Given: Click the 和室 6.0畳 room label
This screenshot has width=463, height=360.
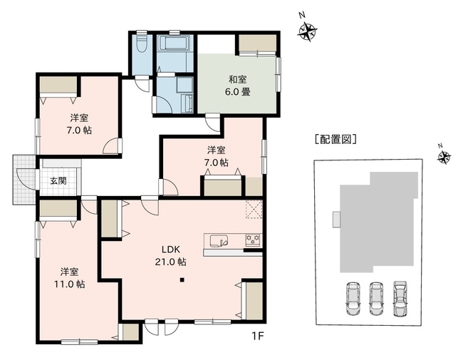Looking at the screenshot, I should [x=239, y=86].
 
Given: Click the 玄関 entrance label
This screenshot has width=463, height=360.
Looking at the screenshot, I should [x=58, y=181].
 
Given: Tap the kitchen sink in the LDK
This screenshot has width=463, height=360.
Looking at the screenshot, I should [x=217, y=240].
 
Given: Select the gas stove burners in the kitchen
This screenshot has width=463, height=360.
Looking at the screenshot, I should [x=253, y=240].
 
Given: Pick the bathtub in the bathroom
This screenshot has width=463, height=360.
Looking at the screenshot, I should [x=173, y=43].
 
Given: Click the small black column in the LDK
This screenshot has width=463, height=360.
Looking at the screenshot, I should [x=182, y=279].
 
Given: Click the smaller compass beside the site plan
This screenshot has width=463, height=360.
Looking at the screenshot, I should [x=444, y=157].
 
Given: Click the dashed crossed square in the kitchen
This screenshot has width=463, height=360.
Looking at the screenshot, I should [x=254, y=210].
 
